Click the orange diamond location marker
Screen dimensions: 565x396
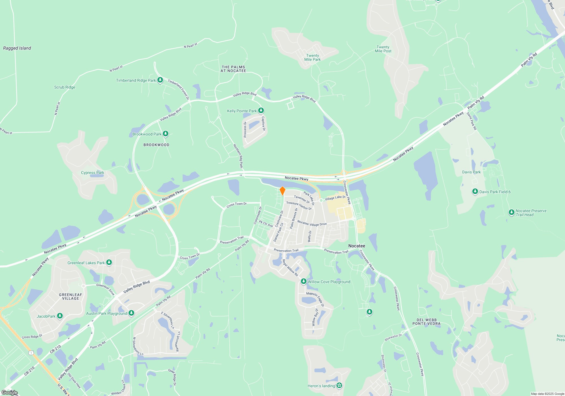(282, 191)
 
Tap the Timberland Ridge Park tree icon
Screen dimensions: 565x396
(160, 80)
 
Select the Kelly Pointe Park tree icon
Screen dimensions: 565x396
(261, 111)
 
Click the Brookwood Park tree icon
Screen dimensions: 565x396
(166, 134)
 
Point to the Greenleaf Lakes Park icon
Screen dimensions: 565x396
(109, 262)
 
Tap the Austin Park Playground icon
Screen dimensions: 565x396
(131, 313)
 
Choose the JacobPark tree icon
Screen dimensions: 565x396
(60, 316)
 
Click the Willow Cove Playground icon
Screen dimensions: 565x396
(303, 281)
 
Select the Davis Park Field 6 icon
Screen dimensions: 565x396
(475, 191)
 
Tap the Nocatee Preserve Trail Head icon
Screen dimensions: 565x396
(511, 212)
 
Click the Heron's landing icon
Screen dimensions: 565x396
(339, 386)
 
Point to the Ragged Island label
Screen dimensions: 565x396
(17, 48)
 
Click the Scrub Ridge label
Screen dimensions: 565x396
(65, 87)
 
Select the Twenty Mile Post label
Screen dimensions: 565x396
(383, 49)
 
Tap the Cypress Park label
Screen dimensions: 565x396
(92, 173)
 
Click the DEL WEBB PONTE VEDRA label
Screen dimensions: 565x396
(426, 322)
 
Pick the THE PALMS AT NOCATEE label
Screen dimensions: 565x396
(233, 69)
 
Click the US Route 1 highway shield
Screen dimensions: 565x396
(31, 353)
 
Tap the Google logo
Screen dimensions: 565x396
(10, 392)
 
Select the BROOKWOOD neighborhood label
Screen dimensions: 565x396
(156, 145)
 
